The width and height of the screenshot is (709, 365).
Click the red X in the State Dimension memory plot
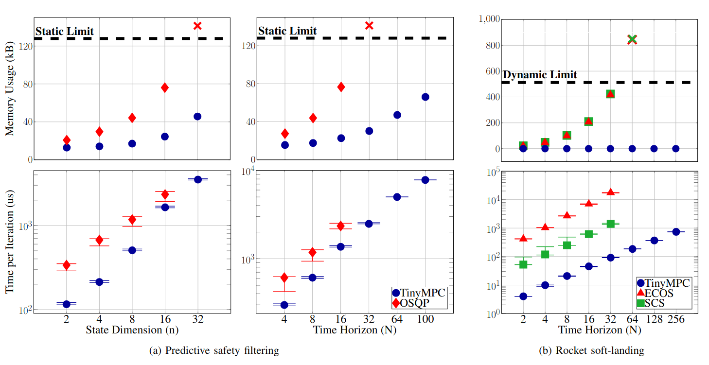click(197, 26)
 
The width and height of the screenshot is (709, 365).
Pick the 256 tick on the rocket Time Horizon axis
click(675, 319)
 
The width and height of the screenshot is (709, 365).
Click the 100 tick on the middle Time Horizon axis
click(425, 319)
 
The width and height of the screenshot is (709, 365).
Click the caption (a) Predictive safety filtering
click(214, 350)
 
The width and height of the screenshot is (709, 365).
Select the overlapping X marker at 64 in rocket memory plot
click(632, 39)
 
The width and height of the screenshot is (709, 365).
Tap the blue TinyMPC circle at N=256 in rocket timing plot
click(675, 232)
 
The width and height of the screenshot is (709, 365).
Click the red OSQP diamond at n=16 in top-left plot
click(165, 87)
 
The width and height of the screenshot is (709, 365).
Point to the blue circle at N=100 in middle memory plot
click(425, 97)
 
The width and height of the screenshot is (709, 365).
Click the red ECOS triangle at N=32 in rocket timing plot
click(610, 192)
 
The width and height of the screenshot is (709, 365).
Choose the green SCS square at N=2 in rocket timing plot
click(523, 264)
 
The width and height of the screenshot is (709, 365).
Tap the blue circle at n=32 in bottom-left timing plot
click(197, 179)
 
